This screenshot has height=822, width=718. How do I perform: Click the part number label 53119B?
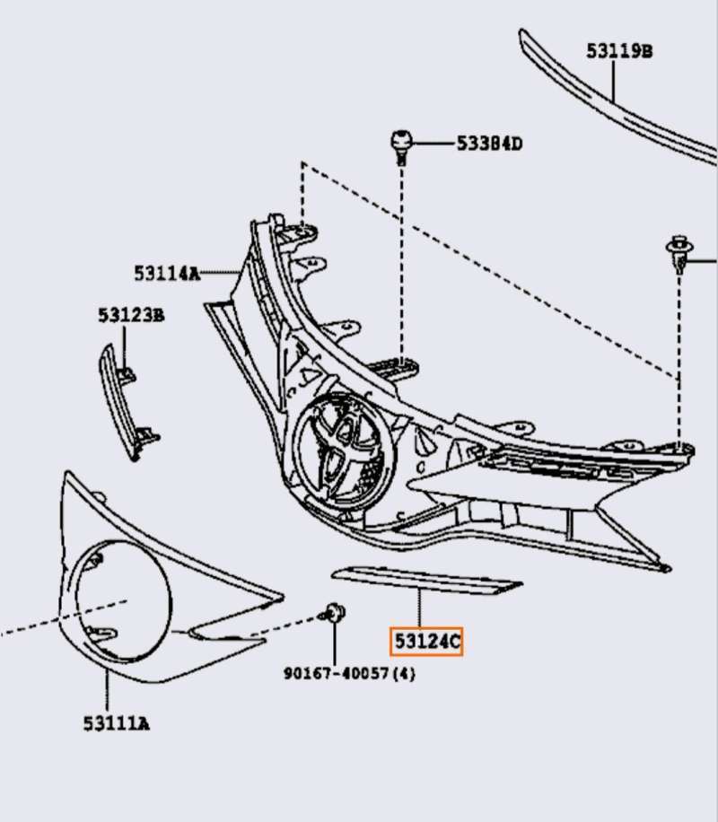[619, 51]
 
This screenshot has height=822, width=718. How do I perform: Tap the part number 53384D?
[489, 144]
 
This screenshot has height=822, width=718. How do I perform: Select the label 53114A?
[167, 272]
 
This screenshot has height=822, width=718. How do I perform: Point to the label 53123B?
[131, 315]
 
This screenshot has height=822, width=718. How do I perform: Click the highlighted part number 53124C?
[426, 642]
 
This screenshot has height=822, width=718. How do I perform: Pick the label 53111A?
[117, 722]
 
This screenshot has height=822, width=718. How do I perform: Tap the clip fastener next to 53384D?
[401, 145]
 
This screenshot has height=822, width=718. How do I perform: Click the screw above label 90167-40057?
[336, 614]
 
